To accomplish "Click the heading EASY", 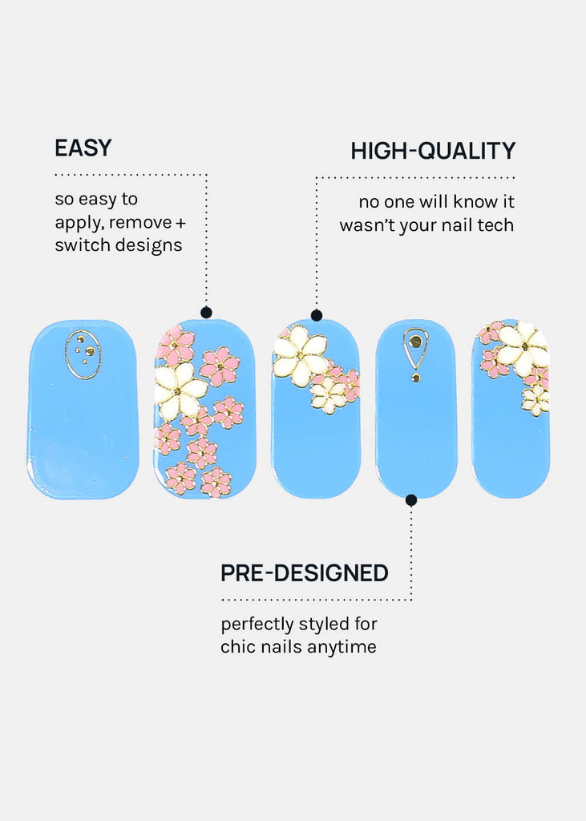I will click(x=83, y=148).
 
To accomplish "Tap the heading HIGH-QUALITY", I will click(x=432, y=151).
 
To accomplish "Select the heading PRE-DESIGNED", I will click(x=304, y=573).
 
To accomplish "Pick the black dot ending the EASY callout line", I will click(x=206, y=313).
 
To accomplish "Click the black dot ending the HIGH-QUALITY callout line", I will click(x=316, y=315).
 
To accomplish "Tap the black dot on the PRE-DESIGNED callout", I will click(x=411, y=499).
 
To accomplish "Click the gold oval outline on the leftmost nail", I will click(x=83, y=354).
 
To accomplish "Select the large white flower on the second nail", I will click(x=180, y=390).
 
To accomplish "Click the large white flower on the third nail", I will click(x=300, y=355).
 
